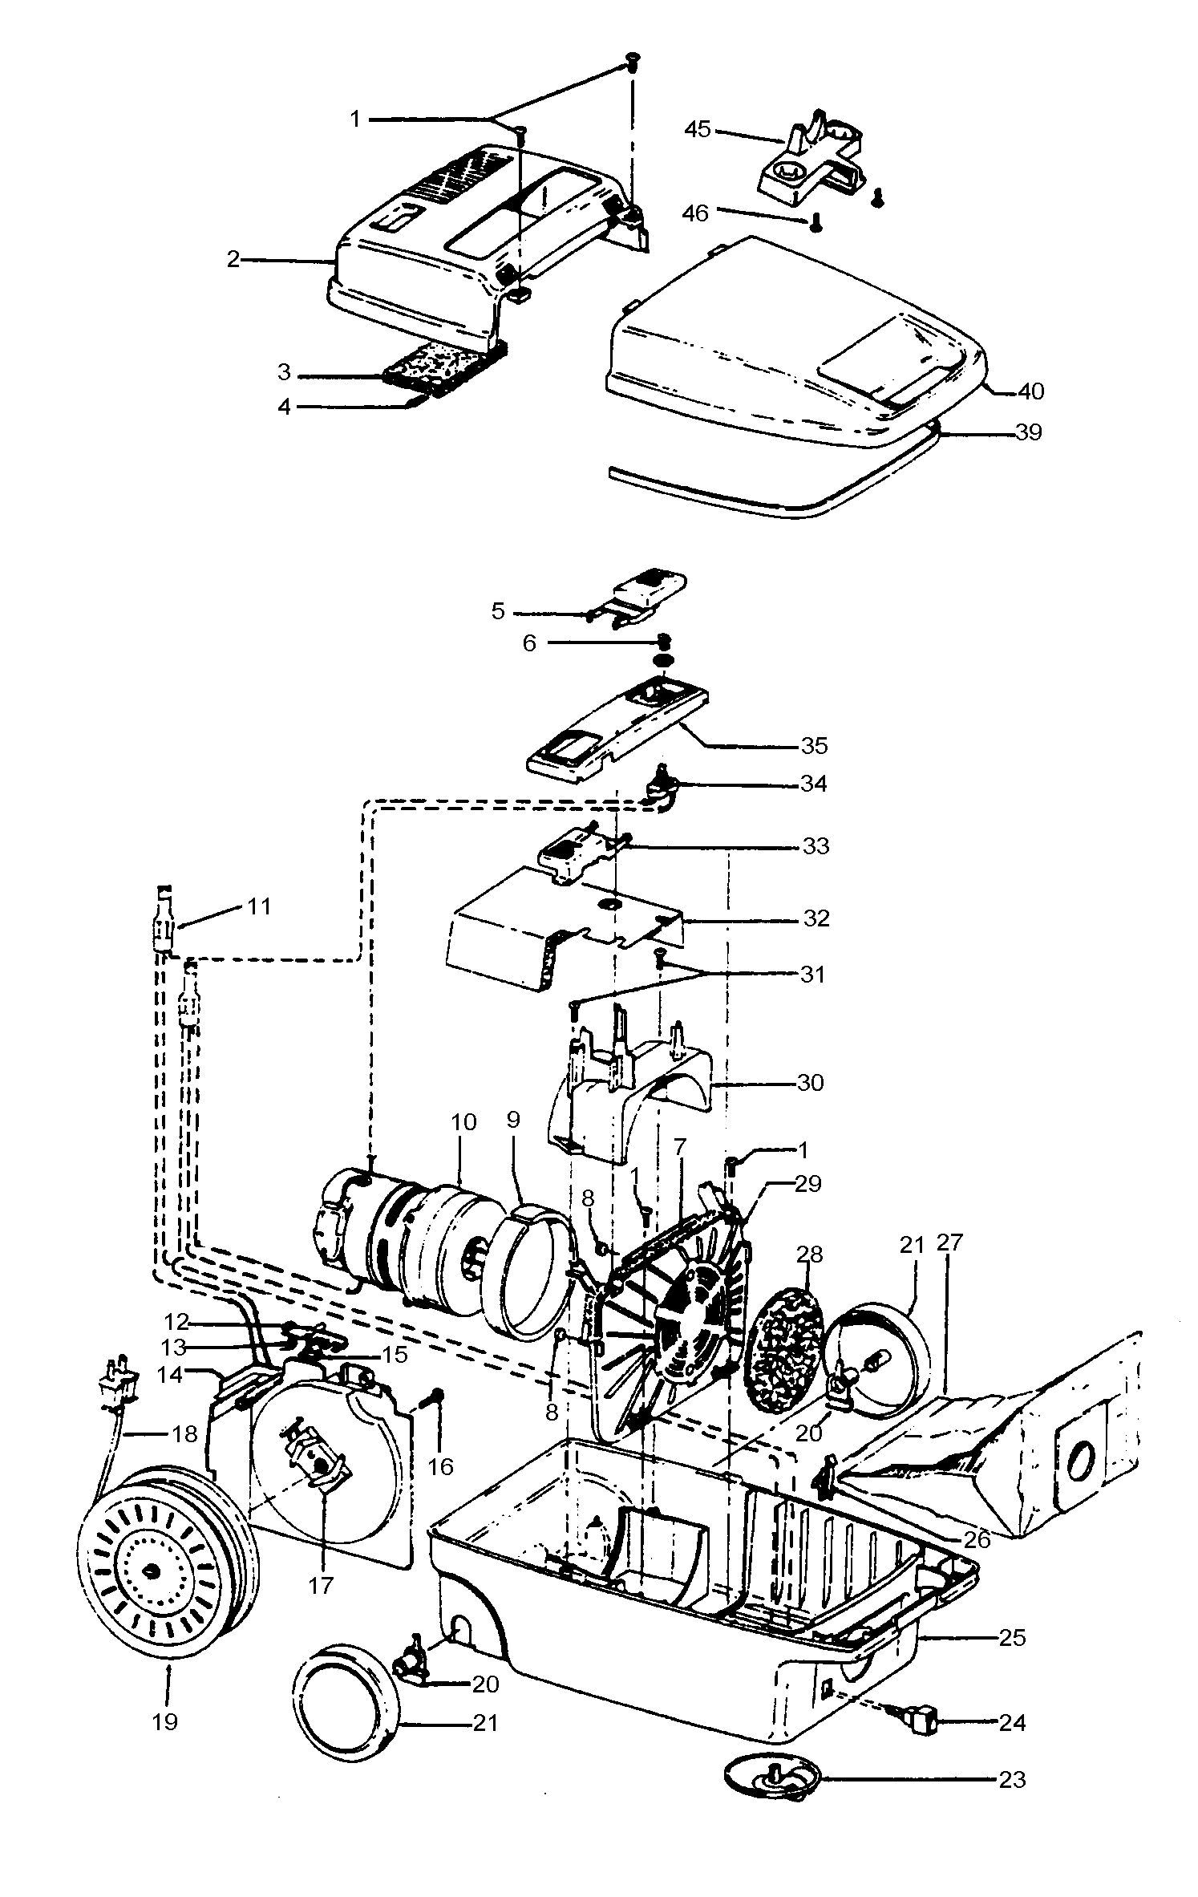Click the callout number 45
coord(698,129)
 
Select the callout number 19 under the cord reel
coord(165,1722)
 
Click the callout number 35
coord(814,746)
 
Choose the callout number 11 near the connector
coord(259,907)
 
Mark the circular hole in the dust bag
coord(1080,1456)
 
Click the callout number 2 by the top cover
coord(233,260)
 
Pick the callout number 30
coord(810,1083)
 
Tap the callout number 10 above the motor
coord(463,1121)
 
